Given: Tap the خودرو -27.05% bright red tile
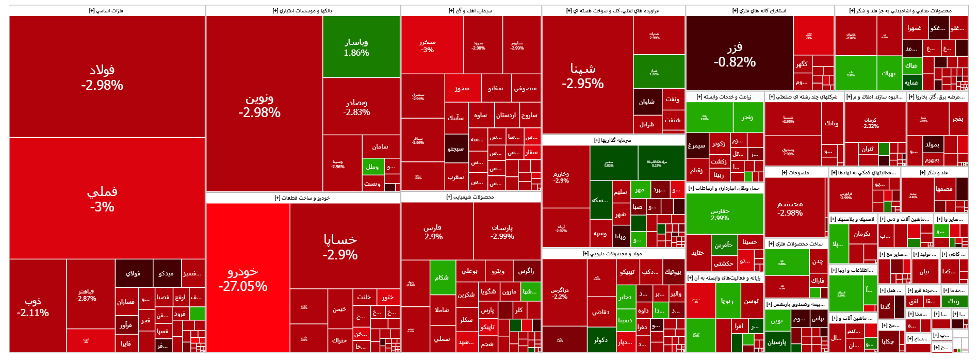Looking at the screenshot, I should click(x=248, y=278).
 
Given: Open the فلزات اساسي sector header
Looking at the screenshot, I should click(x=107, y=10).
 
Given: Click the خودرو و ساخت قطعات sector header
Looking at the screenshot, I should click(x=302, y=198).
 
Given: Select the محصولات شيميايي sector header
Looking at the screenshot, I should click(x=470, y=197).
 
